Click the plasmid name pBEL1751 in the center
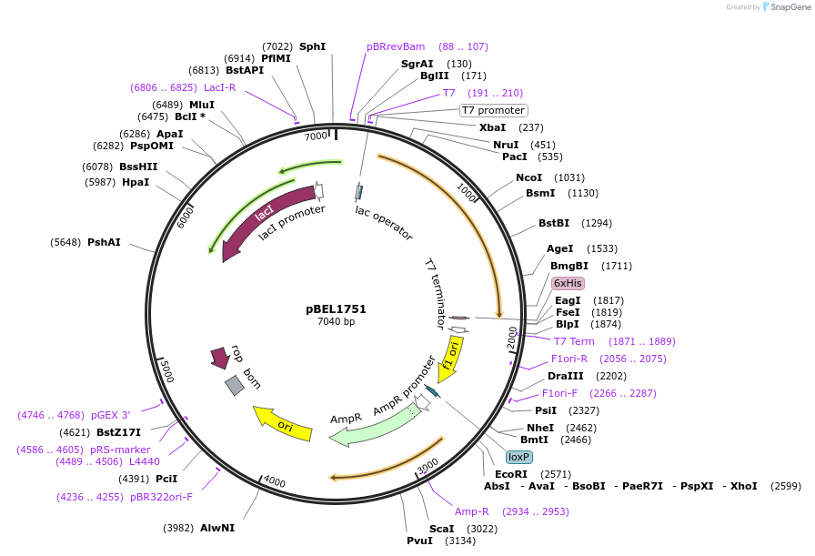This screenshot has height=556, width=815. pos(336,308)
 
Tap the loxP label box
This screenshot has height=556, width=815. pos(519,457)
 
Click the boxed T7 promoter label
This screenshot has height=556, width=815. pos(493,110)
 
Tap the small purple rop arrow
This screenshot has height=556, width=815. pos(219,357)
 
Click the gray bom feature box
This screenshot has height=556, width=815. pos(235,385)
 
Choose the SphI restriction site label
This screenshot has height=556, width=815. pos(312,46)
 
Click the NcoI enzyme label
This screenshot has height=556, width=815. pos(528,177)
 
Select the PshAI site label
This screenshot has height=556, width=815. pos(104,242)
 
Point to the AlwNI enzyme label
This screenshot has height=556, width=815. pos(217,528)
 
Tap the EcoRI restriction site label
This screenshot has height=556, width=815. pos(510,474)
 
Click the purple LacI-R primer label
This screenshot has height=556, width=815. pos(219,87)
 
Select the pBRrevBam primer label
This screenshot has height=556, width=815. pos(396,46)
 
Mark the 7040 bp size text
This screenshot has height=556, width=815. pos(336,321)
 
